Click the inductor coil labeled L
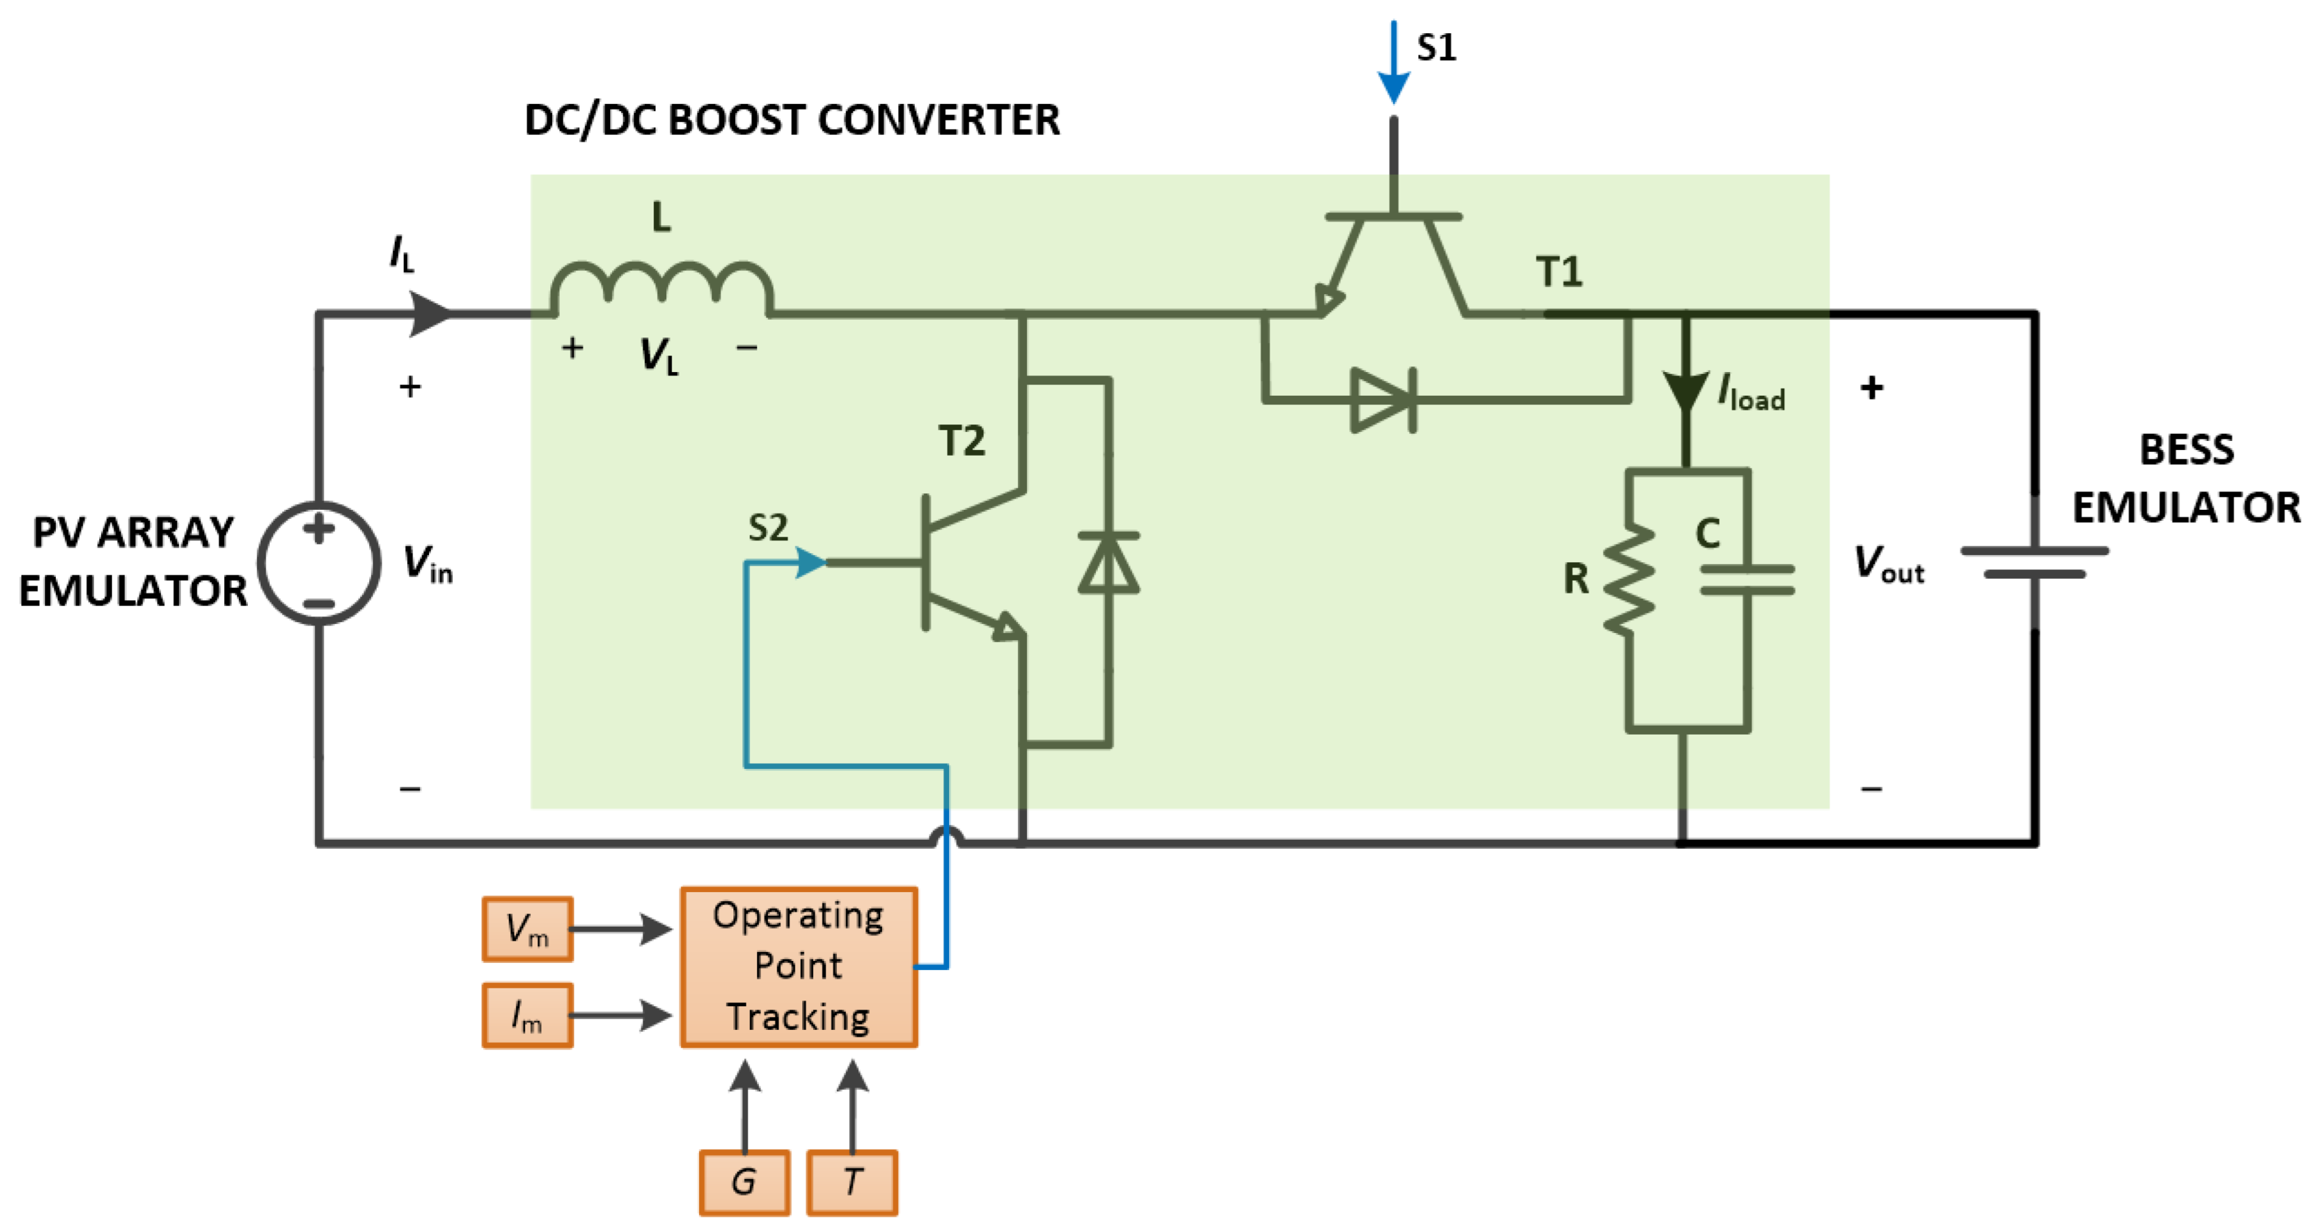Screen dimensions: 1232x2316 (x=661, y=286)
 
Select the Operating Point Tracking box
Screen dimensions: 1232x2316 (x=798, y=967)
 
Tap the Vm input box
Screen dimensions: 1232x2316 (x=527, y=929)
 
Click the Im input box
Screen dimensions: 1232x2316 (x=527, y=1015)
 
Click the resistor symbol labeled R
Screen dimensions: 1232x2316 (x=1629, y=580)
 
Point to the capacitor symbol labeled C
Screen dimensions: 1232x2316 (x=1747, y=580)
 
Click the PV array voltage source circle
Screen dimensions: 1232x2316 (x=319, y=563)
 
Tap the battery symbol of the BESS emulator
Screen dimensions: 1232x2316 (x=2034, y=562)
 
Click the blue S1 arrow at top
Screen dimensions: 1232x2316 (x=1394, y=63)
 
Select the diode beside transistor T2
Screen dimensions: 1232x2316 (x=1108, y=563)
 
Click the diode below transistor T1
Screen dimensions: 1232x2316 (x=1385, y=399)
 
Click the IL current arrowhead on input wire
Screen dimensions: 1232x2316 (x=431, y=314)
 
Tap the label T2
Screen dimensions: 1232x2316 (x=961, y=440)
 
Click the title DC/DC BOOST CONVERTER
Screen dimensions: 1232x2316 (x=791, y=119)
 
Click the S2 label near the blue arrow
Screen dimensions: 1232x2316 (x=768, y=528)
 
